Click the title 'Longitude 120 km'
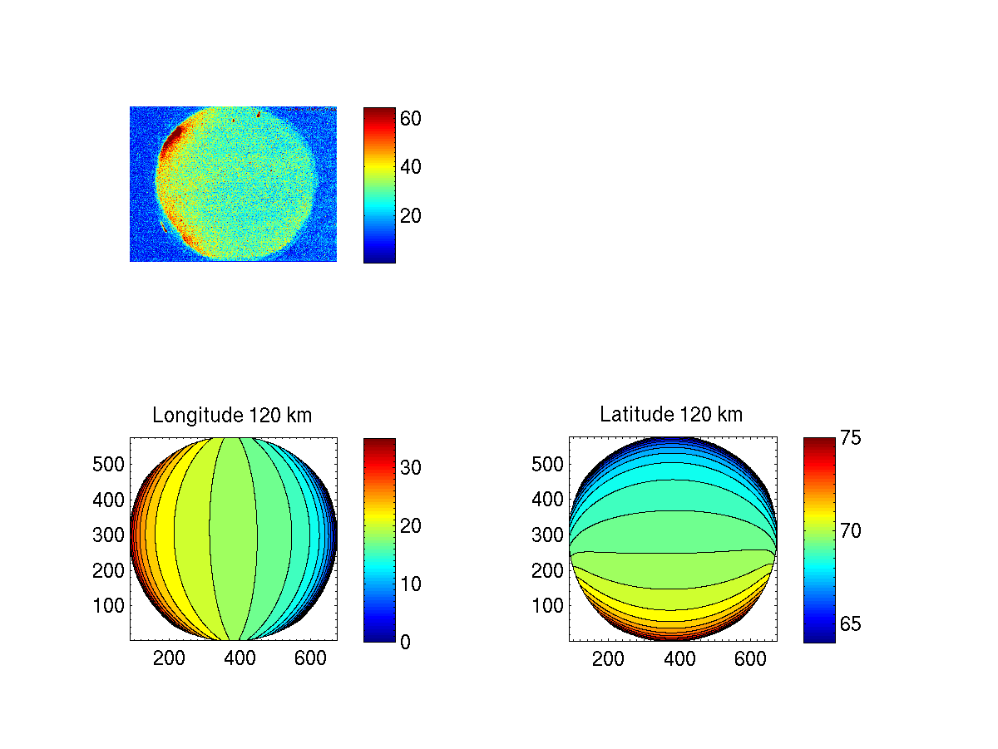click(232, 416)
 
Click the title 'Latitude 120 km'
click(671, 414)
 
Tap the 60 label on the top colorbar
click(411, 119)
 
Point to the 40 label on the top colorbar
click(411, 167)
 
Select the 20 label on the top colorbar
click(411, 216)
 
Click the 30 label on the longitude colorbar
click(411, 468)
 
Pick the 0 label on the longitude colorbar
click(405, 642)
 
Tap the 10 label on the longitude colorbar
click(411, 584)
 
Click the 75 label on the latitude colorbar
click(850, 438)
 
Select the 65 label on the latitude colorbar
click(850, 624)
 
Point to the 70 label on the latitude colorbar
click(850, 530)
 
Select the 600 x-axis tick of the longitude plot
click(311, 658)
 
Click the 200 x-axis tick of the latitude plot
click(608, 658)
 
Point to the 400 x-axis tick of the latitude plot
click(679, 658)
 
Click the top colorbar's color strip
click(379, 185)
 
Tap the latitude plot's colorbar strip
click(819, 540)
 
